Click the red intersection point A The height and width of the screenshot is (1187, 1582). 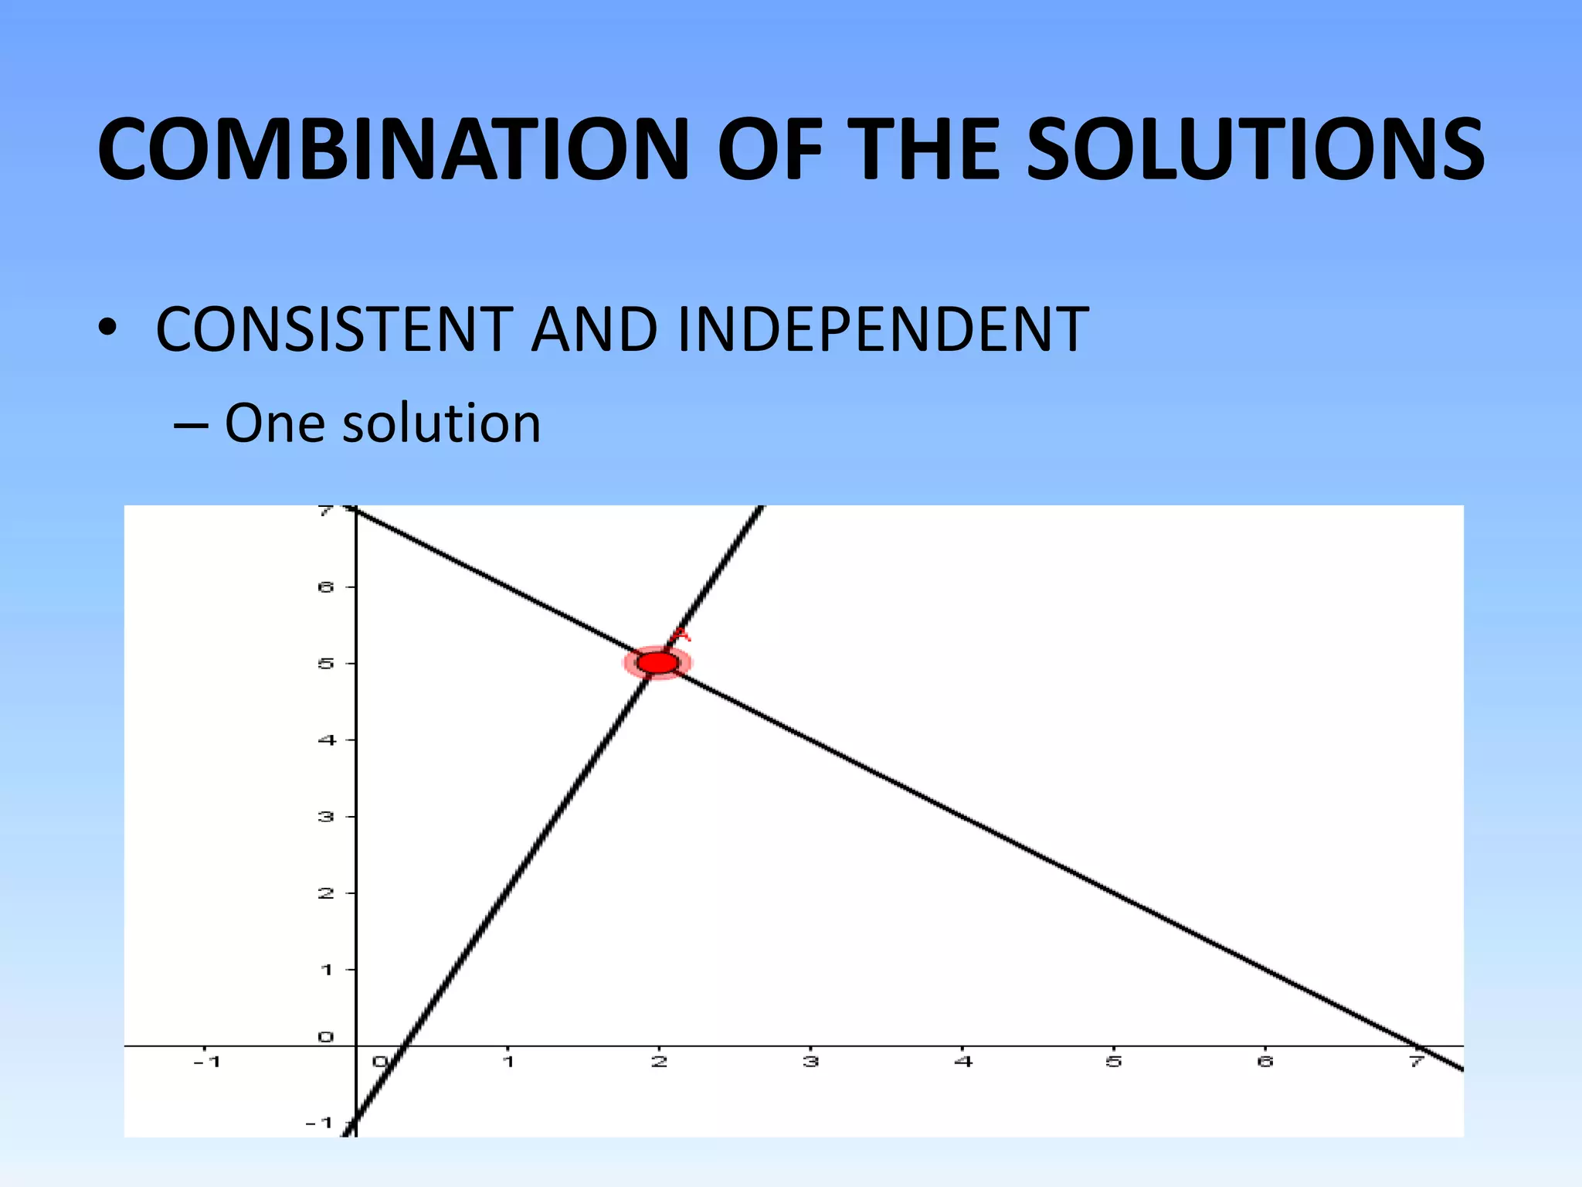click(x=658, y=663)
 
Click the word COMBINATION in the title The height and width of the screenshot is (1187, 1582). click(x=392, y=149)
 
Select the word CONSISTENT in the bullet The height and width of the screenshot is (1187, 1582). click(x=334, y=330)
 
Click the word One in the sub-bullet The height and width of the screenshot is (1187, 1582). click(x=276, y=423)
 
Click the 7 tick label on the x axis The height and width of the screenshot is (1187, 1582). click(x=1416, y=1061)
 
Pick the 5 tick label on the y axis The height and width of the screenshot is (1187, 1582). click(x=326, y=663)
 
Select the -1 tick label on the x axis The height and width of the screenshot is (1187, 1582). click(x=206, y=1061)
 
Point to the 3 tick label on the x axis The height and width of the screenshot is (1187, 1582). click(x=810, y=1061)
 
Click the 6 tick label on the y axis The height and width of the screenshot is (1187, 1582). click(x=326, y=587)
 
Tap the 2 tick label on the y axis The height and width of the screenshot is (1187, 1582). click(x=326, y=893)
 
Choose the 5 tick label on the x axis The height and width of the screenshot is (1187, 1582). click(x=1113, y=1061)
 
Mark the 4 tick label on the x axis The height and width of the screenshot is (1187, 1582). click(x=962, y=1061)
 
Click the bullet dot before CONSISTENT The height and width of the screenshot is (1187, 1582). click(x=107, y=329)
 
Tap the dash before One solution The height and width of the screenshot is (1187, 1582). click(x=190, y=425)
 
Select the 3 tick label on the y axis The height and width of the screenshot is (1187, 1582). click(x=326, y=816)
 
